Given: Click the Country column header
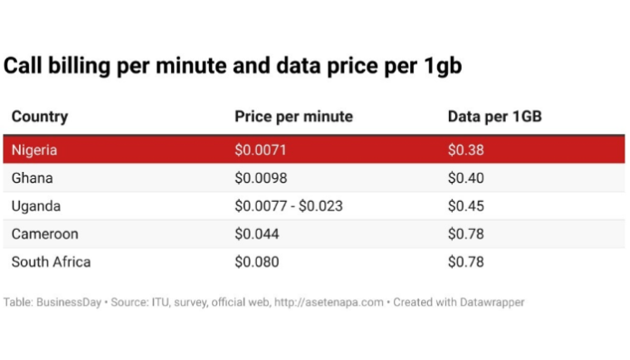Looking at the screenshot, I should tap(39, 117).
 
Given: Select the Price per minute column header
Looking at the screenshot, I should tap(293, 117).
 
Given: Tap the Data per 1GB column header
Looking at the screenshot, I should tap(494, 117).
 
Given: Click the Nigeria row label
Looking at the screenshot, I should tap(35, 149).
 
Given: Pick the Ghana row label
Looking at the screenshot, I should tap(33, 177).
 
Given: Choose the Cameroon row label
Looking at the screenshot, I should tap(44, 233).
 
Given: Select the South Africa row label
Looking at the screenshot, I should tap(51, 262).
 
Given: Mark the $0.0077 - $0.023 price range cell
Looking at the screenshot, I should tap(288, 205).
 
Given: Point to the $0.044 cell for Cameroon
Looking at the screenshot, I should tap(256, 233).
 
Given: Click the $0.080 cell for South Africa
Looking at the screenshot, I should tap(256, 262).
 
